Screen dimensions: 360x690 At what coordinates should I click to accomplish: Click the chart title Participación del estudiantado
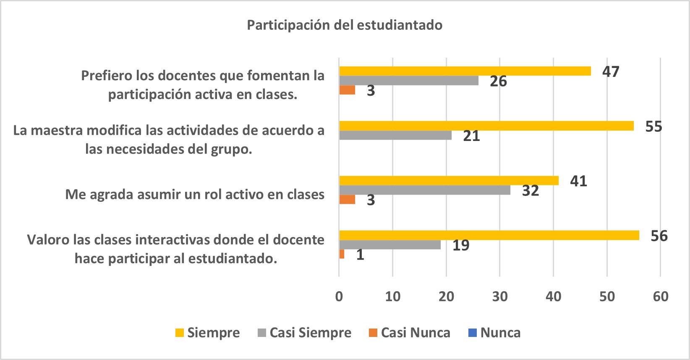(344, 25)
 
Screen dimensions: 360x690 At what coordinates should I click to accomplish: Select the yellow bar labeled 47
(465, 71)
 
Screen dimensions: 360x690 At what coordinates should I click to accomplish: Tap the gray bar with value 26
(408, 81)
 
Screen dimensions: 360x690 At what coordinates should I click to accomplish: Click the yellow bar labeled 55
(486, 125)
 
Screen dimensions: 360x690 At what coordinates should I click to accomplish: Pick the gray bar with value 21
(395, 135)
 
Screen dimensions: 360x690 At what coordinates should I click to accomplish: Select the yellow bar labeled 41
(449, 180)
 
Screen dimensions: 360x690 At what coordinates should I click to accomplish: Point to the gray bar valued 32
(424, 190)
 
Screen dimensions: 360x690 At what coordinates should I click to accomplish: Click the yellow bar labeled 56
(489, 235)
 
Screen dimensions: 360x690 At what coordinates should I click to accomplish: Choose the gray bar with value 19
(389, 245)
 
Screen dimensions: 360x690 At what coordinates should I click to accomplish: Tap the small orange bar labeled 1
(342, 254)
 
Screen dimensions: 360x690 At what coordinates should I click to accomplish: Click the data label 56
(659, 236)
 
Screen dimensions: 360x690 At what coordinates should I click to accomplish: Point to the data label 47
(611, 72)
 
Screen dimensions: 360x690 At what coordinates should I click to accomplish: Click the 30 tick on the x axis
(499, 297)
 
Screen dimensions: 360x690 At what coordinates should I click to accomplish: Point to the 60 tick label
(660, 297)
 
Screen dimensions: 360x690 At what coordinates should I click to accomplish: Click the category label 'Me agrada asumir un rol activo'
(195, 195)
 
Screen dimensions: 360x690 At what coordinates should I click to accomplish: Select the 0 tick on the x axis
(339, 297)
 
